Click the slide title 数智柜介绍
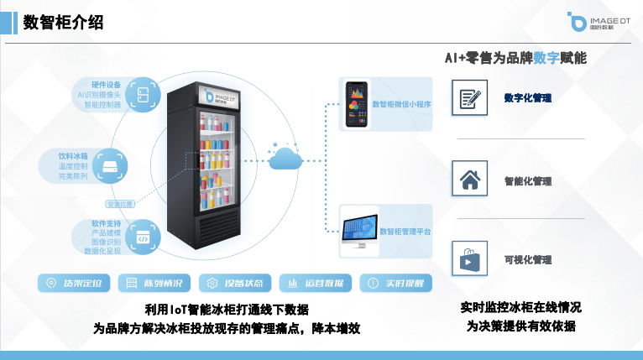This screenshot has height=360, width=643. click(64, 23)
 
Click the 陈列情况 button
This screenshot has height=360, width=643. click(154, 283)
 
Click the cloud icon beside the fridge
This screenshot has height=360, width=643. click(285, 158)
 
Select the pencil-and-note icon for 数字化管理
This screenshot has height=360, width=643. click(468, 98)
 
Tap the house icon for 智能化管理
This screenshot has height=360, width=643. click(468, 180)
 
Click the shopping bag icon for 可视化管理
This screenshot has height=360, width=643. click(468, 259)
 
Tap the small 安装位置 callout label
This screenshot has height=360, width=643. click(120, 204)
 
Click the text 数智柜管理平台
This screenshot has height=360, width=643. click(405, 231)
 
